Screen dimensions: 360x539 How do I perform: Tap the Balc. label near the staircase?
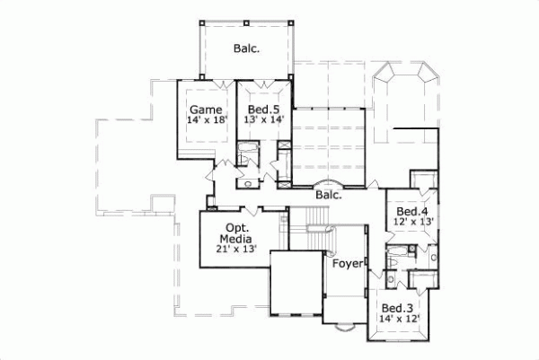point(328,193)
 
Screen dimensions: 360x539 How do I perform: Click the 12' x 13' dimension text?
point(414,221)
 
